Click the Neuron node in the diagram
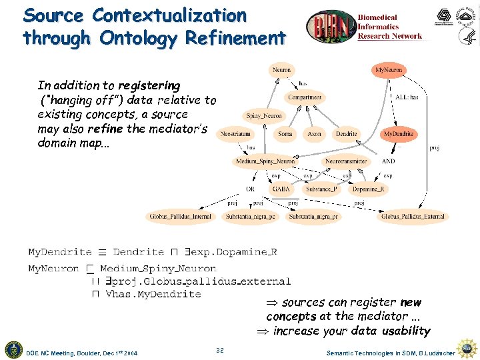coord(281,69)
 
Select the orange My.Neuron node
coord(389,69)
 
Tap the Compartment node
coord(305,97)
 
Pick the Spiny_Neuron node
coord(264,116)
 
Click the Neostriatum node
coord(235,134)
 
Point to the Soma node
coord(285,134)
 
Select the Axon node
coord(314,134)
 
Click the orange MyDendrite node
coord(398,134)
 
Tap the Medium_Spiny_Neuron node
coord(265,161)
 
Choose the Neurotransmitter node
coord(345,161)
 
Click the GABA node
coord(280,189)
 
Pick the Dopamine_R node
coord(368,189)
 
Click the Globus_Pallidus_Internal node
coord(180,217)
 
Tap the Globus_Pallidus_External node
coord(413,217)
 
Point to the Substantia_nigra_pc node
coord(251,217)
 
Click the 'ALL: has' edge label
coord(407,97)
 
